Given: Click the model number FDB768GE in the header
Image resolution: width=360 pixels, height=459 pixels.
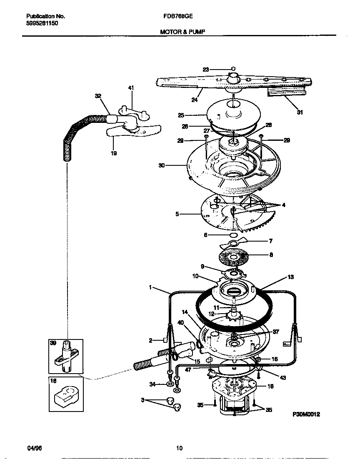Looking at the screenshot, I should click(175, 17).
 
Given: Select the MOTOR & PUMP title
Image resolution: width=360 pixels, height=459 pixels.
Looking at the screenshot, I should click(182, 31).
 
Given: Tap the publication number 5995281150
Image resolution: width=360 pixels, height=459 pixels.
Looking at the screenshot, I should click(39, 24).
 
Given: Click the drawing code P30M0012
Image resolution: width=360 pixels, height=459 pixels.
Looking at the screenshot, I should click(306, 415).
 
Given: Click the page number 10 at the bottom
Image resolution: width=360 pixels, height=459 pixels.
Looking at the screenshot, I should click(179, 448).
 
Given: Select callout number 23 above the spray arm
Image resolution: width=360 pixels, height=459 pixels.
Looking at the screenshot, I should click(206, 70).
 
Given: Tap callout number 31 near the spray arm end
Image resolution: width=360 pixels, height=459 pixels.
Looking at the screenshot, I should click(300, 112).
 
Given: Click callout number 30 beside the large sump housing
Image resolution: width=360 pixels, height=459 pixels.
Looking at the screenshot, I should click(162, 165).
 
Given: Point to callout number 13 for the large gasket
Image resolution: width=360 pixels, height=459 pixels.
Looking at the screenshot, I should click(290, 277).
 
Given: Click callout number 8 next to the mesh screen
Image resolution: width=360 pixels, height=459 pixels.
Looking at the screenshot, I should click(271, 254).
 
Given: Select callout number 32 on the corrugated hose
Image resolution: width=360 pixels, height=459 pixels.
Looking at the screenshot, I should click(98, 96).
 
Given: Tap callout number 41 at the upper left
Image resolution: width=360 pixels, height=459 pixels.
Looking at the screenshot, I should click(131, 88).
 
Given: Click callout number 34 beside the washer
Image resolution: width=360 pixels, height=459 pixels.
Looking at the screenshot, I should click(152, 384).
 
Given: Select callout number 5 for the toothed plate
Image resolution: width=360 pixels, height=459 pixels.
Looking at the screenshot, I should click(177, 214).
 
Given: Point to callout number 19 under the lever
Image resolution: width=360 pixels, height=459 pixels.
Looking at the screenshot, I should click(114, 153).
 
